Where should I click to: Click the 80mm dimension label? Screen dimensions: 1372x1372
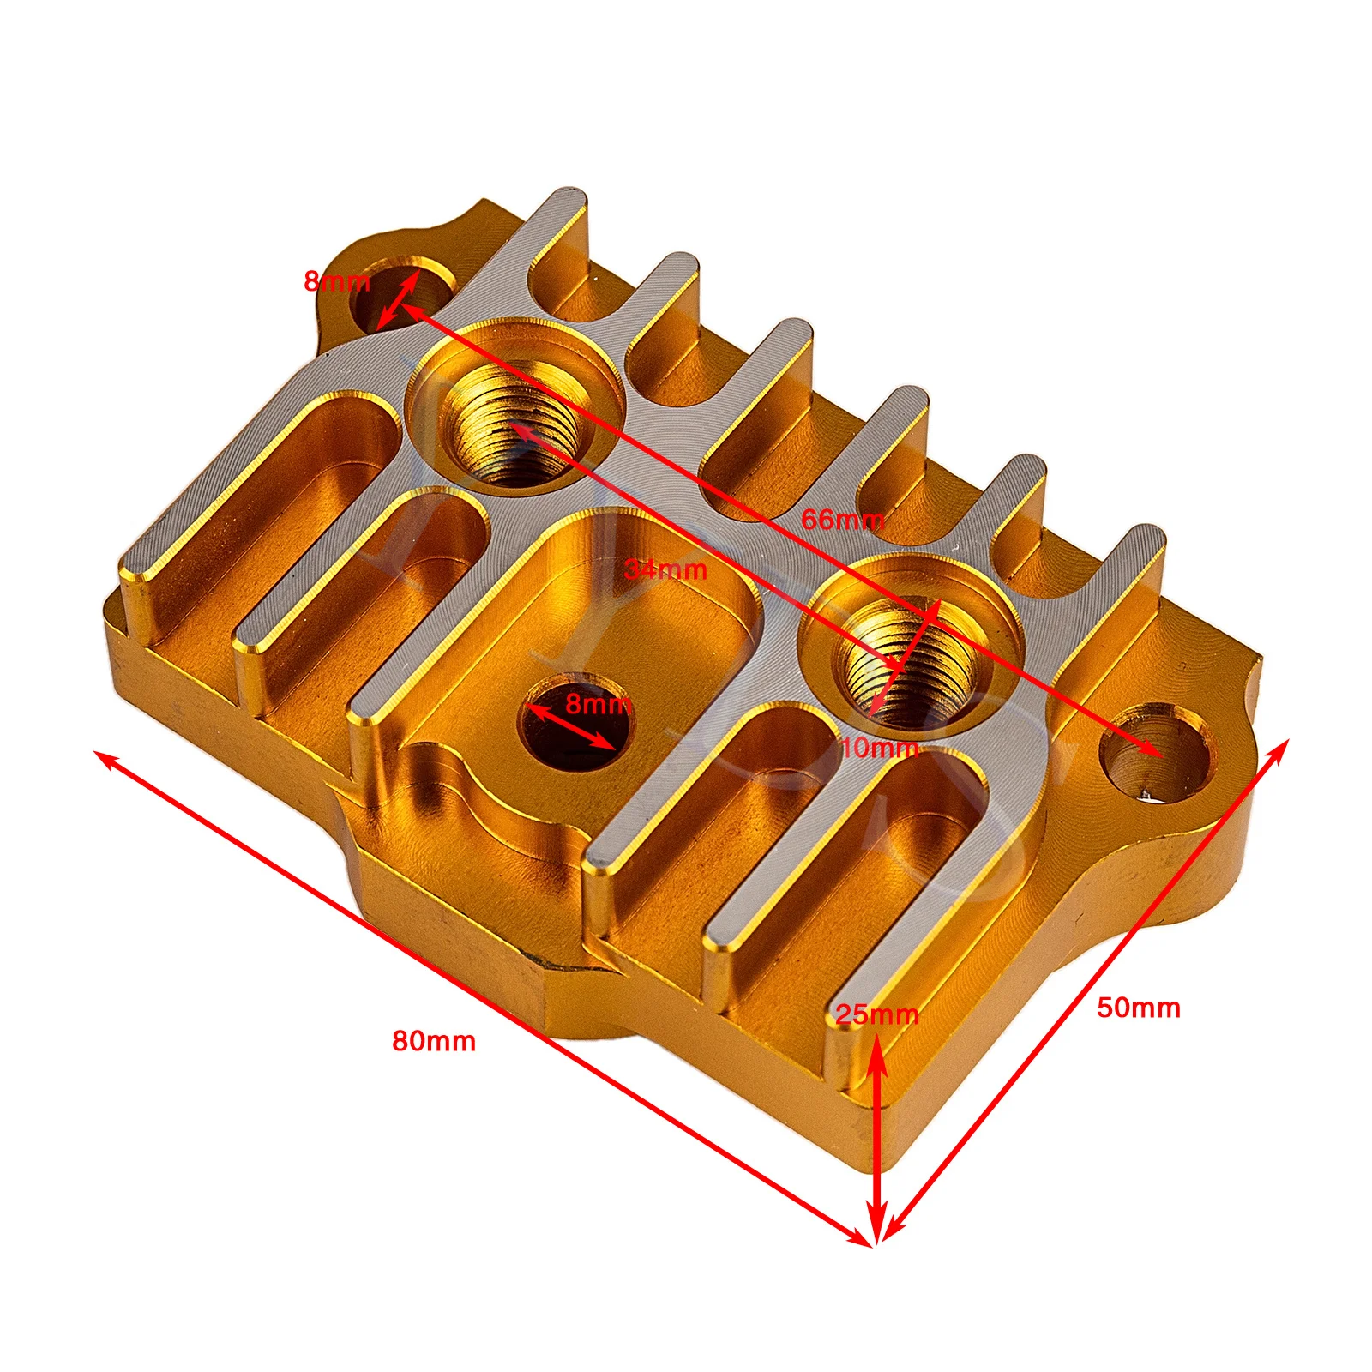coord(434,1041)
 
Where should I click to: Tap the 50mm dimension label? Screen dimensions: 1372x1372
coord(1139,1008)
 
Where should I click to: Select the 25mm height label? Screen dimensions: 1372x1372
coord(877,1014)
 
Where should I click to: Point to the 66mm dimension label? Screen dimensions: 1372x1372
coord(842,519)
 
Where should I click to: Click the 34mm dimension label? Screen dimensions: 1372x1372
coord(666,569)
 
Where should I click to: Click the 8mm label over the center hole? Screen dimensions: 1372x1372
coord(599,704)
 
